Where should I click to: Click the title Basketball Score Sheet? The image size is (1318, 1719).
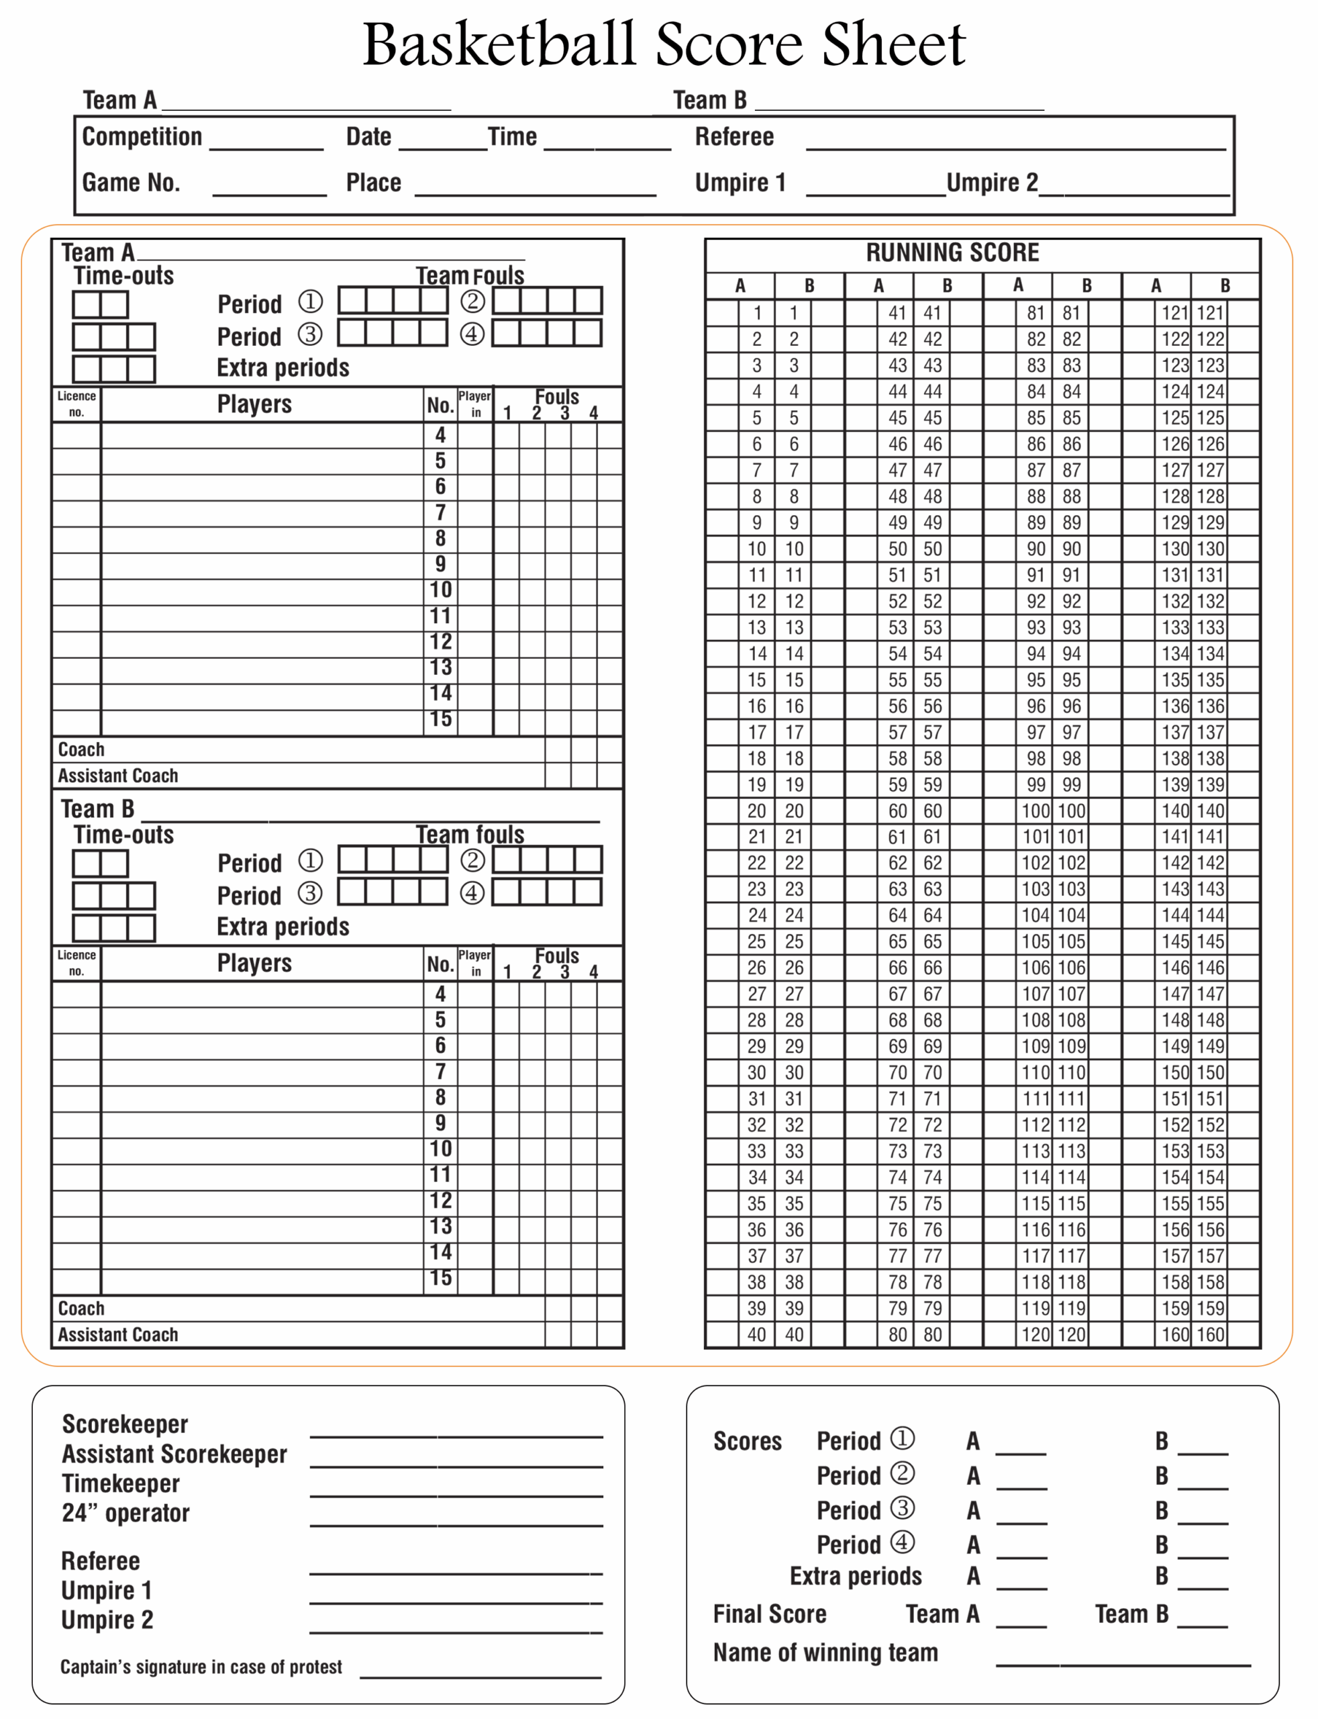(x=663, y=45)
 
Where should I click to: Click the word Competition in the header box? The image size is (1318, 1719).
(x=142, y=136)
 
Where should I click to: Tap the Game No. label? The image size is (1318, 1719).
(x=131, y=182)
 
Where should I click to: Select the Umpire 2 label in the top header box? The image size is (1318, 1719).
(x=992, y=182)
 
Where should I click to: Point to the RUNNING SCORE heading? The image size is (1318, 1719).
(x=952, y=252)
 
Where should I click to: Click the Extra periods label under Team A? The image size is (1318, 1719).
(x=283, y=367)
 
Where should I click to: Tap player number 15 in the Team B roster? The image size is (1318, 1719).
(x=440, y=1278)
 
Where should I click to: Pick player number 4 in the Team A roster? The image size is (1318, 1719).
(x=440, y=435)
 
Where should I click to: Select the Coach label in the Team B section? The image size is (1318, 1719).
(x=81, y=1307)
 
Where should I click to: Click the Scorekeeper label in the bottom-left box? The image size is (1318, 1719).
(x=125, y=1424)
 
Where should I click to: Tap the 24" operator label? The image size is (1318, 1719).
(x=125, y=1513)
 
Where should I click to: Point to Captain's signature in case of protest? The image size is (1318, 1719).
(x=201, y=1667)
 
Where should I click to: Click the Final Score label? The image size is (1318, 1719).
(x=769, y=1614)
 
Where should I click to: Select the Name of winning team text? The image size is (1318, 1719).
(x=825, y=1653)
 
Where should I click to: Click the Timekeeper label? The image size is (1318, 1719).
(x=121, y=1483)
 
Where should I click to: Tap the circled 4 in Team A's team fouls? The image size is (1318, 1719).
(x=472, y=334)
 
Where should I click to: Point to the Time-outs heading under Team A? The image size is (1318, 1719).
(x=123, y=275)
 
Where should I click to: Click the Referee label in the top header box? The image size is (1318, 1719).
(x=733, y=136)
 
